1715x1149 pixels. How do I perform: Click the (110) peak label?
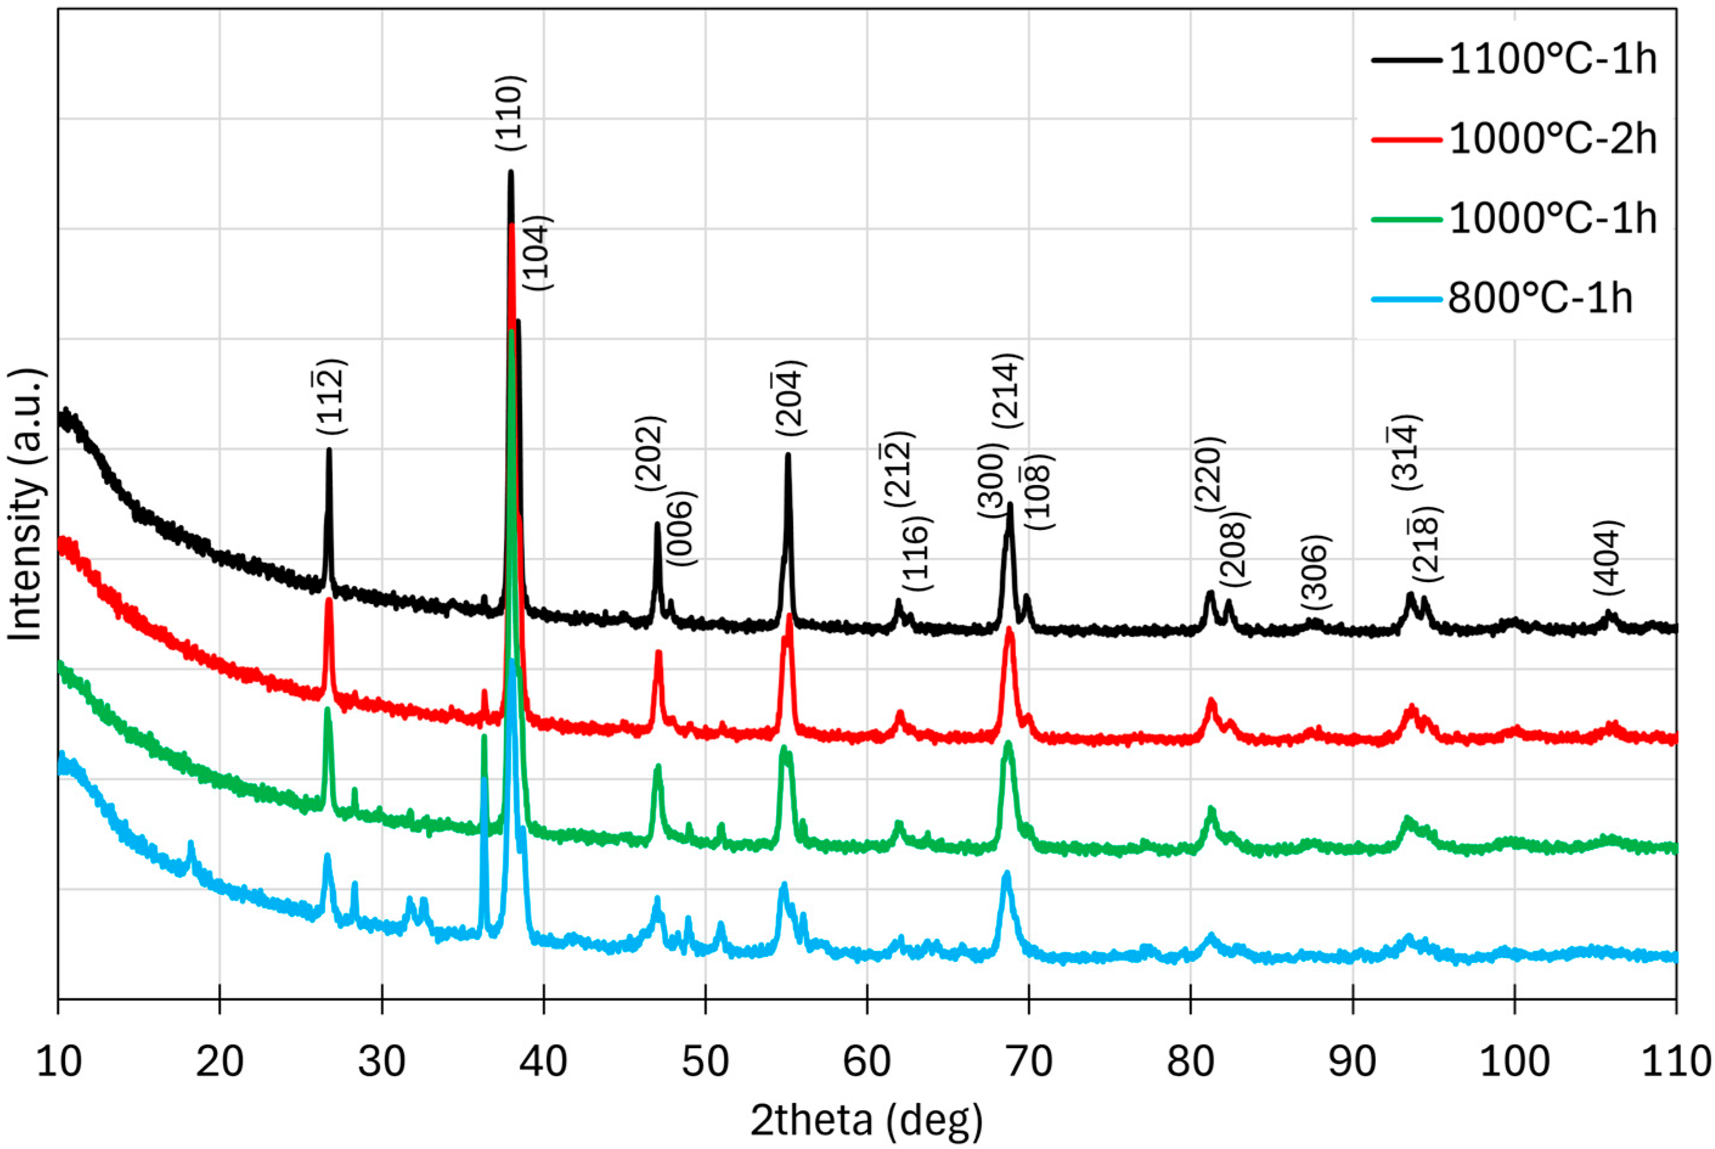[x=511, y=114]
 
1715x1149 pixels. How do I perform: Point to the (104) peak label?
[x=540, y=253]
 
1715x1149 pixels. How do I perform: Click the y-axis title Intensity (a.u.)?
[x=27, y=506]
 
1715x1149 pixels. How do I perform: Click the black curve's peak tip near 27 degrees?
[x=329, y=450]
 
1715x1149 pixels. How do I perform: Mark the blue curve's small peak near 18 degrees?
[x=191, y=844]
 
